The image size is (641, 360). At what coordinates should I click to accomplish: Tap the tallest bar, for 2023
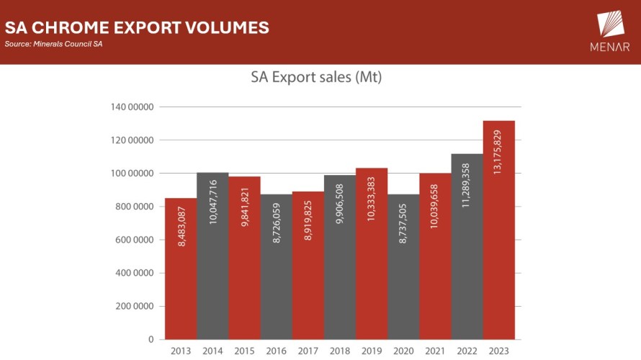(498, 230)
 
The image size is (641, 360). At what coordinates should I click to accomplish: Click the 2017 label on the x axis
(308, 351)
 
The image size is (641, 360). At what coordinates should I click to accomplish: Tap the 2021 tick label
(435, 351)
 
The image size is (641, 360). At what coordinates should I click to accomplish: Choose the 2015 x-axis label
(245, 351)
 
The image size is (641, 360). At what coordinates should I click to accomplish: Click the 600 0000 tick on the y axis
(133, 240)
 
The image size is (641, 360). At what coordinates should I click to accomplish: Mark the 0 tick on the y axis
(151, 339)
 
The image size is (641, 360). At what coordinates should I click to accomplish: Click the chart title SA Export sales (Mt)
(316, 78)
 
